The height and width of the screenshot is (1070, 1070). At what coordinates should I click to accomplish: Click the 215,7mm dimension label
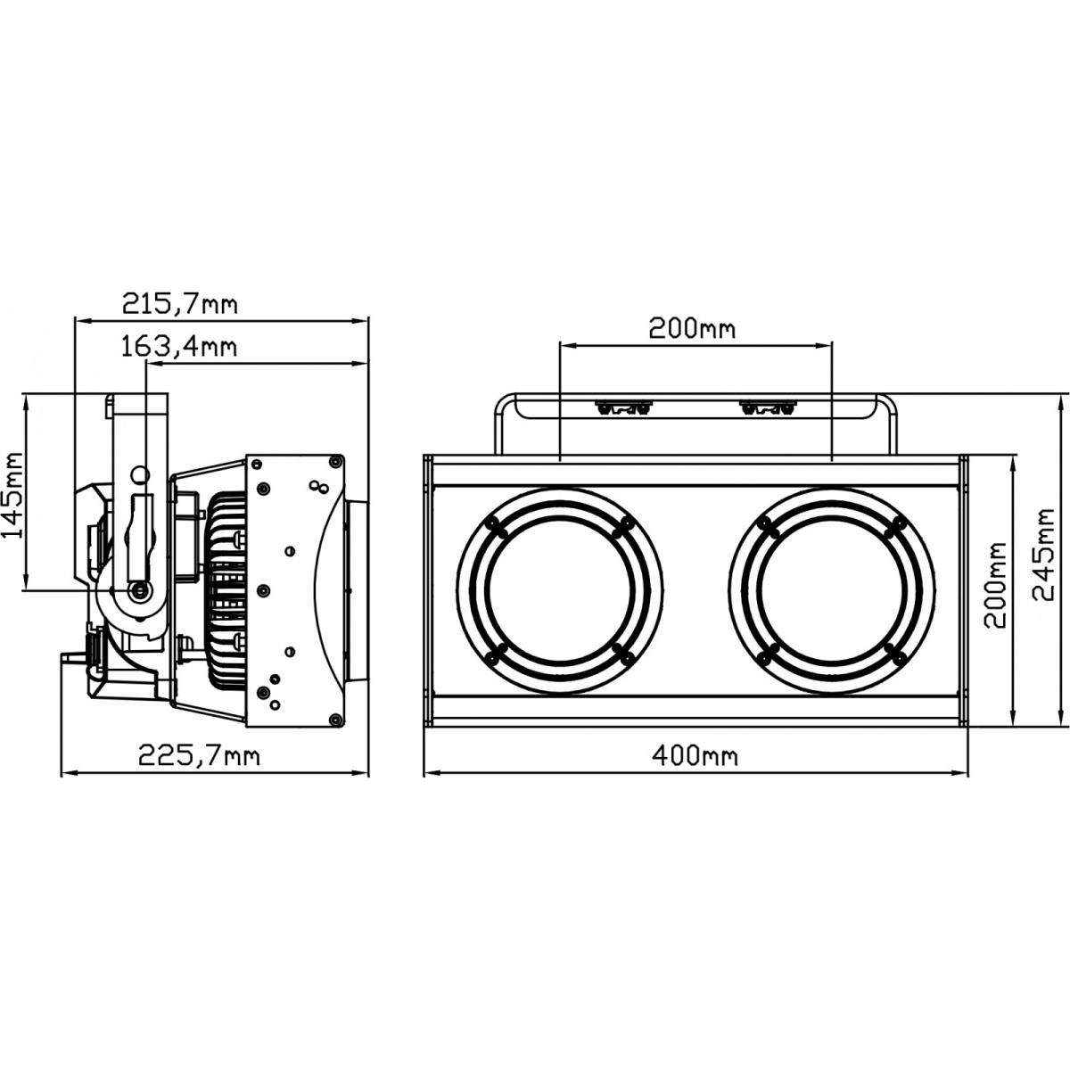coord(179,305)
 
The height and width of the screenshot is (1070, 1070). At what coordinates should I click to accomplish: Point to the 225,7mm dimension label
coord(198,756)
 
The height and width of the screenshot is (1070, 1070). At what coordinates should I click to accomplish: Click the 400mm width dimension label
coord(695,756)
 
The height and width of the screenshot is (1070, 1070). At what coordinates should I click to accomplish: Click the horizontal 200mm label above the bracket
coord(692,328)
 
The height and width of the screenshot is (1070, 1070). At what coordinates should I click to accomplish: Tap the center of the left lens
coord(560,591)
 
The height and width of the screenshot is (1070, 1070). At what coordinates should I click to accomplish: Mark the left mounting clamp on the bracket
coord(622,408)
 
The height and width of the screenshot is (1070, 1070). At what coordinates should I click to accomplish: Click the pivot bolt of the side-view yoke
coord(138,591)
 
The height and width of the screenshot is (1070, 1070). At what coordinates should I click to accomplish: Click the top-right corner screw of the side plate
coord(333,463)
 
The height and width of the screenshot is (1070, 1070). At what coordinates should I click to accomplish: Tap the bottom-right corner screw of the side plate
coord(333,719)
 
